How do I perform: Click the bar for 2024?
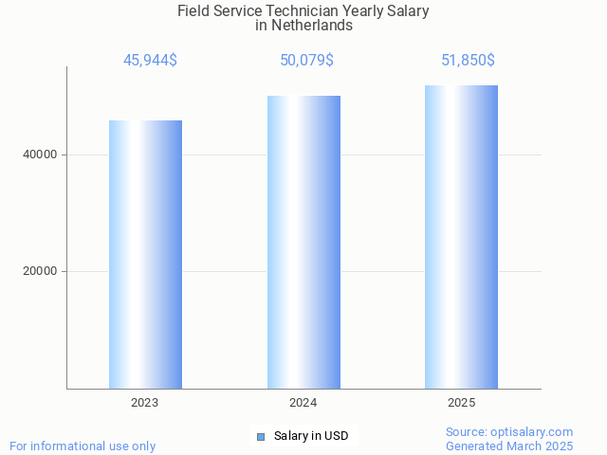click(x=303, y=242)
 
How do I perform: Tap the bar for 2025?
click(x=461, y=237)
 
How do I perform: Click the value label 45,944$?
click(x=150, y=61)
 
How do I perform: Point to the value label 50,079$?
click(x=306, y=61)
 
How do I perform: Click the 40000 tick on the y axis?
click(x=40, y=155)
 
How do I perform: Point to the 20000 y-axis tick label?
click(x=40, y=272)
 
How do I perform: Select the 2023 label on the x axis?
click(x=145, y=403)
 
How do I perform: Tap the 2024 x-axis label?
click(x=303, y=403)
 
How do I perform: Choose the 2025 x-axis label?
click(x=461, y=403)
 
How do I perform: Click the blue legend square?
click(x=261, y=436)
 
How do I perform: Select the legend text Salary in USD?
click(x=311, y=436)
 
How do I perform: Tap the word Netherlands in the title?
click(x=312, y=26)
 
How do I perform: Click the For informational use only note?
click(x=83, y=446)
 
